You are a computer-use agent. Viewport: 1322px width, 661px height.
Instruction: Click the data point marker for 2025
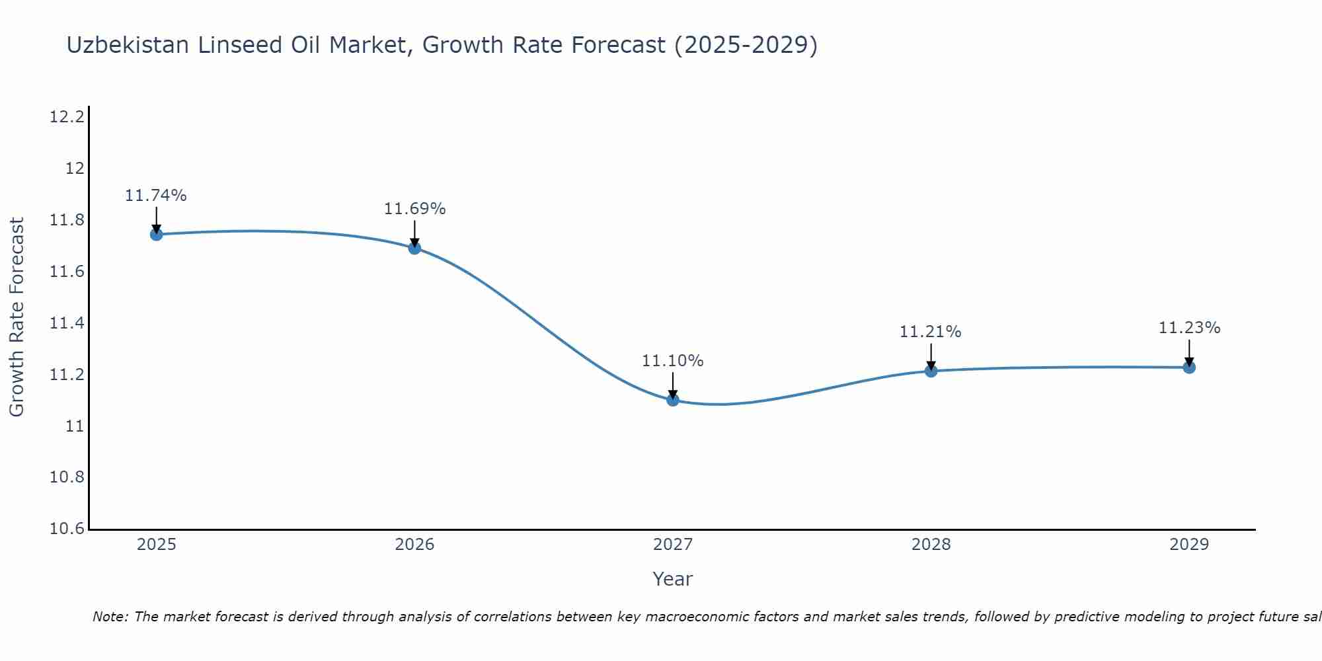[157, 234]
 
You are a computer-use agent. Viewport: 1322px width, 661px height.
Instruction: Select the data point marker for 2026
[414, 248]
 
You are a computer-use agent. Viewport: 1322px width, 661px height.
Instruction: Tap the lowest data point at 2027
[673, 400]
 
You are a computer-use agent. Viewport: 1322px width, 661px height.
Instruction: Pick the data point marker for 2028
[931, 371]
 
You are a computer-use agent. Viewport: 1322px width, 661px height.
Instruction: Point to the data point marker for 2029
[1189, 367]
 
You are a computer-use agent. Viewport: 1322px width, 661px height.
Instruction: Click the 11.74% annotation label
[156, 196]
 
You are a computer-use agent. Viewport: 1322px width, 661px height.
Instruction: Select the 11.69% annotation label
[414, 209]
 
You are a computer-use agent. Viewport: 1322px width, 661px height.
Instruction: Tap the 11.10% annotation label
[673, 361]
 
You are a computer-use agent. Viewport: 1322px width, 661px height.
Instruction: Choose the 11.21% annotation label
[930, 332]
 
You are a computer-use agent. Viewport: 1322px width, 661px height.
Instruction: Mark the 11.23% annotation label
[1189, 328]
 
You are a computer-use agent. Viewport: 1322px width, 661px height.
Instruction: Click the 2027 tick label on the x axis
[673, 545]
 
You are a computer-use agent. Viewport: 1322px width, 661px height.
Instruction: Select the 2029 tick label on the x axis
[1189, 545]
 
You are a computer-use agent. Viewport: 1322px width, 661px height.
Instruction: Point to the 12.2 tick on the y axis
[67, 118]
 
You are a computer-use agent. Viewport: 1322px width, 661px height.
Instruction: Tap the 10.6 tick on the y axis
[67, 529]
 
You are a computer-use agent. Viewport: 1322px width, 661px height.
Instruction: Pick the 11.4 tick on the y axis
[67, 323]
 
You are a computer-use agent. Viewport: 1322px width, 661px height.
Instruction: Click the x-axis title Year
[673, 579]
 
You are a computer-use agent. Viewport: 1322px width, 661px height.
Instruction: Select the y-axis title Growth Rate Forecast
[17, 317]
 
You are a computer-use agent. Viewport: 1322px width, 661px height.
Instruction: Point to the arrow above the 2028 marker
[931, 356]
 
